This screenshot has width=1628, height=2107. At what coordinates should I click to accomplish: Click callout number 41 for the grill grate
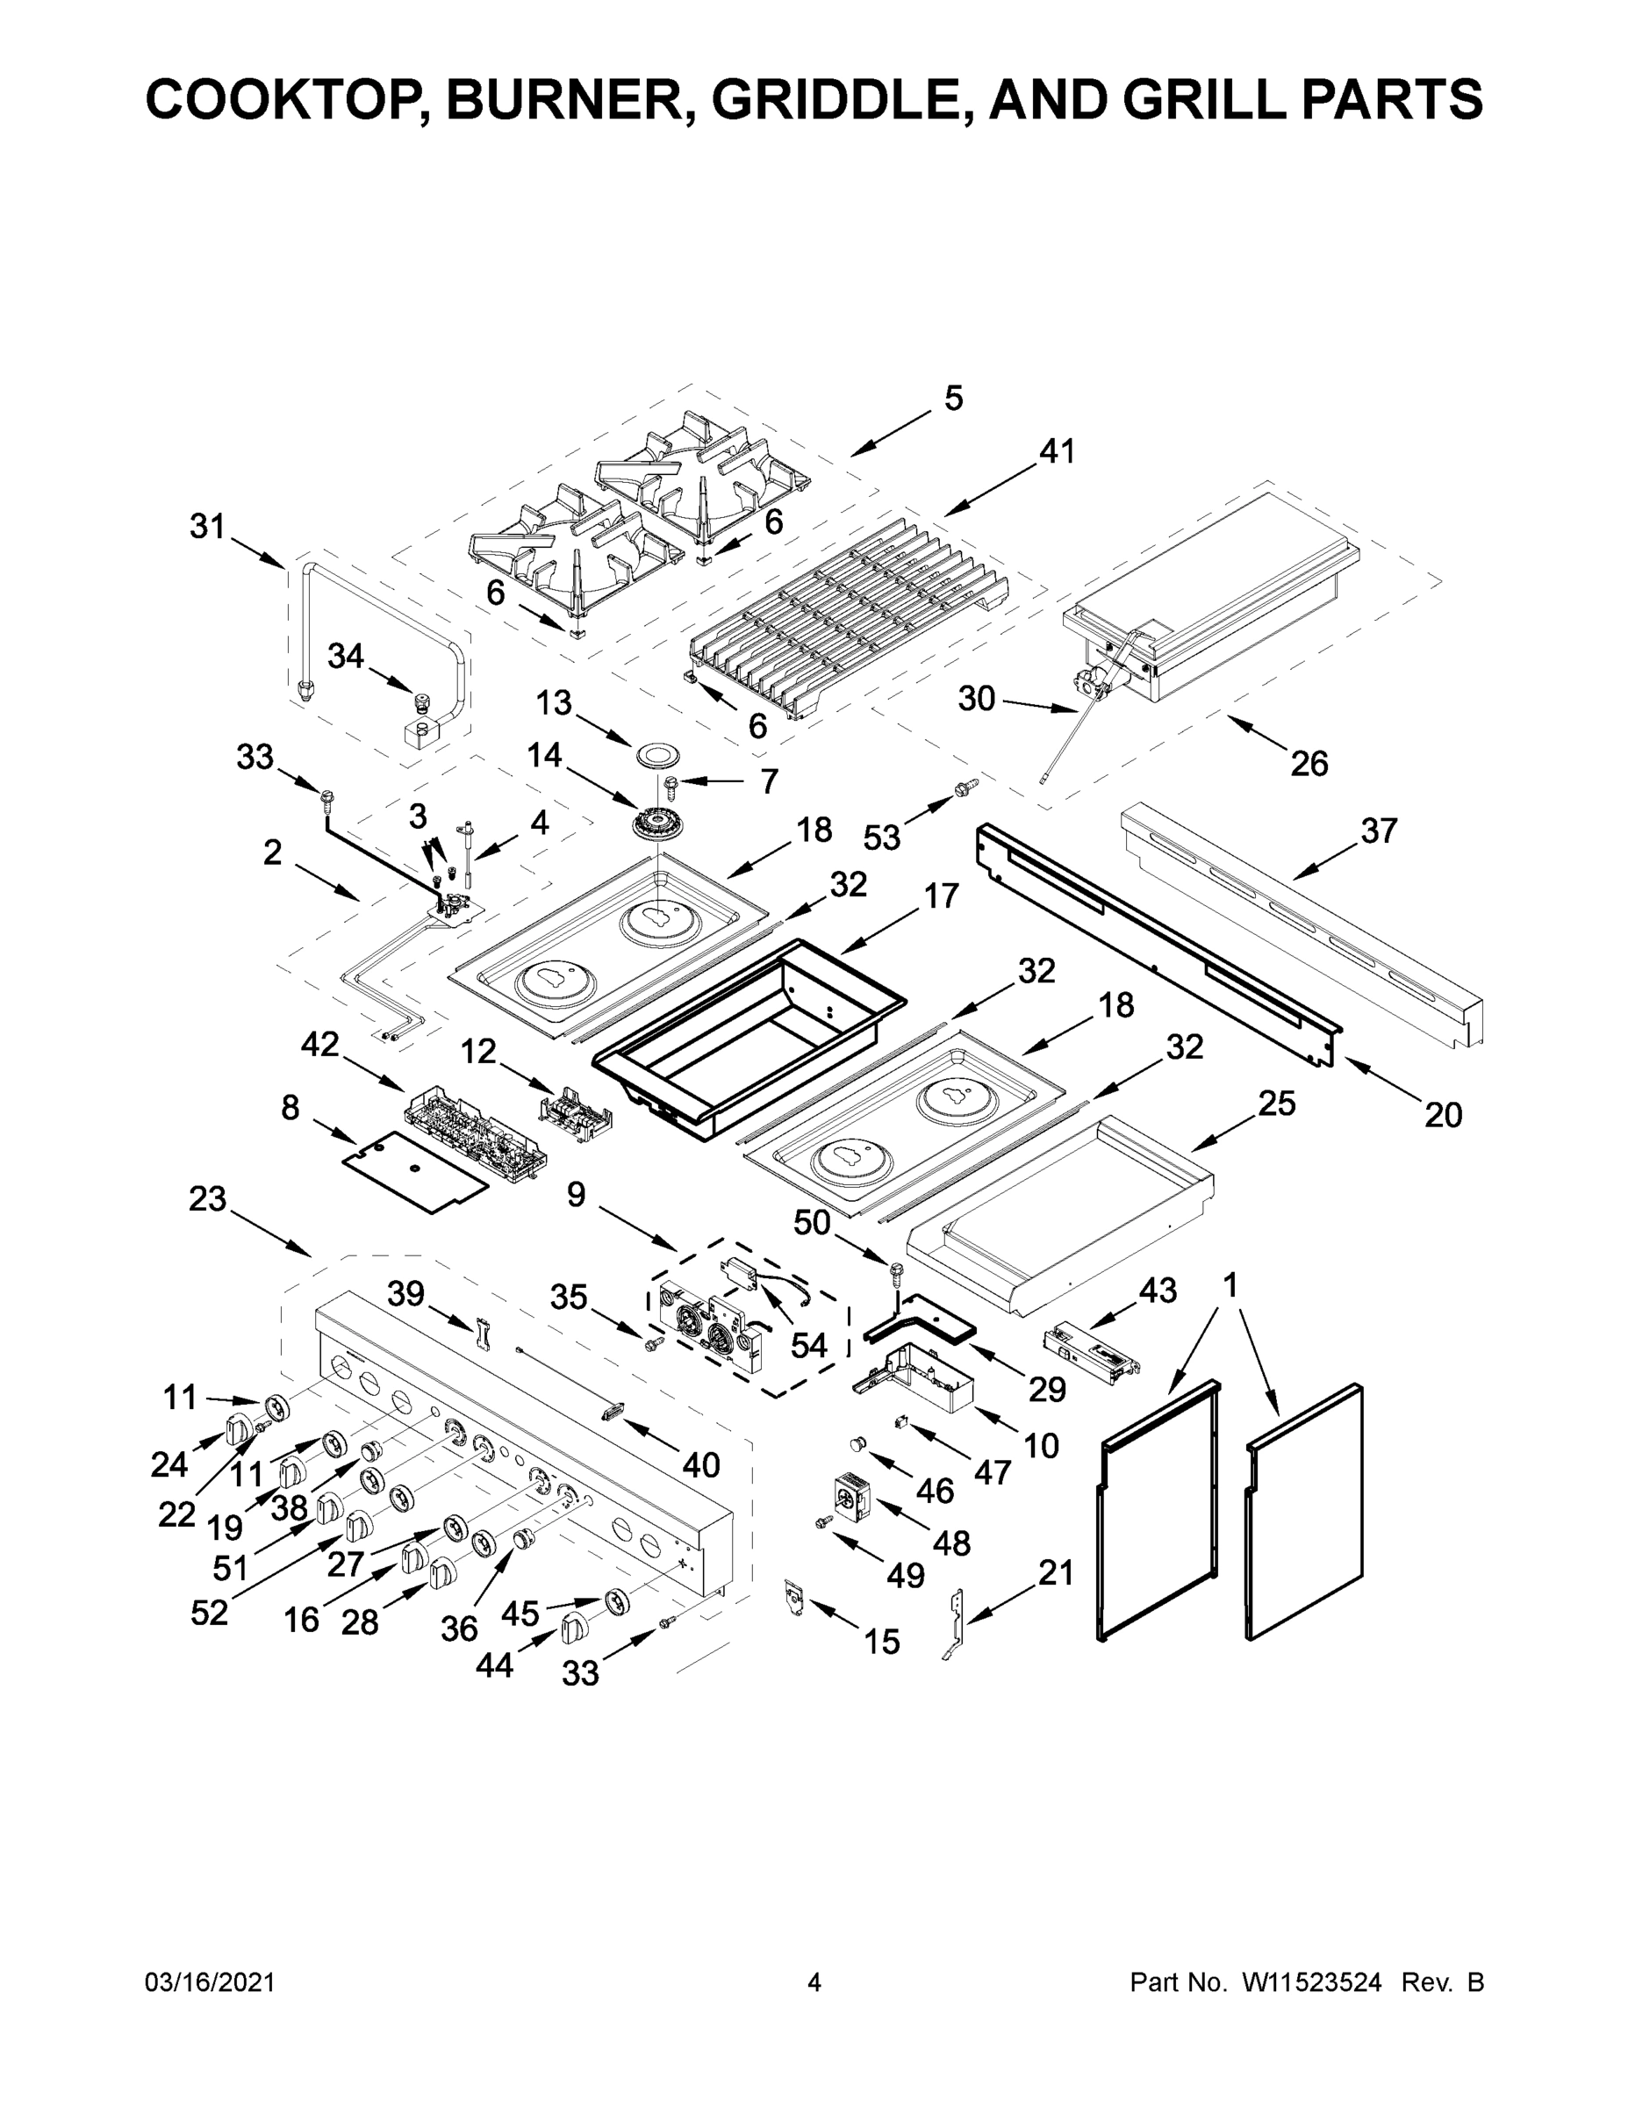click(1056, 451)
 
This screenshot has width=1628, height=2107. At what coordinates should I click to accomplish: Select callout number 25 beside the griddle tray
click(1276, 1104)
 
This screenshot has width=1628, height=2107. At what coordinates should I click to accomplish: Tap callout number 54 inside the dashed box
click(808, 1345)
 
